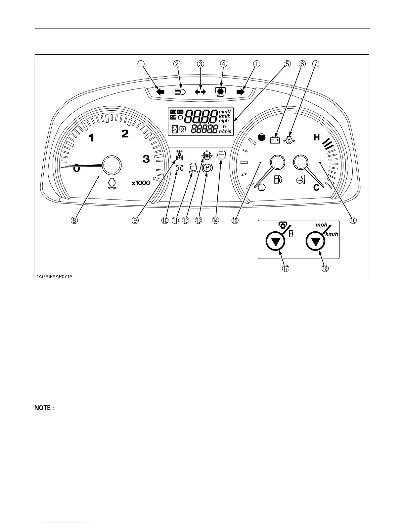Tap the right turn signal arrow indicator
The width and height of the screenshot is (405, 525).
(x=241, y=92)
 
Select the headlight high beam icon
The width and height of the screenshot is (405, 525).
(x=180, y=92)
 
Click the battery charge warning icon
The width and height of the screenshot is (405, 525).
(x=275, y=140)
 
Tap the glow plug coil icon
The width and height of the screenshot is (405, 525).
(x=180, y=168)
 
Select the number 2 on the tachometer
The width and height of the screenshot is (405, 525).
(x=125, y=134)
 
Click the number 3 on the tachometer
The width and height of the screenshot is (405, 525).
(x=146, y=159)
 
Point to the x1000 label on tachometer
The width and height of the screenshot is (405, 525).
(x=141, y=183)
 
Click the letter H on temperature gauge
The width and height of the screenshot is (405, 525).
(x=317, y=137)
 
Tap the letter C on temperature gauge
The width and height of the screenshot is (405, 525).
(x=316, y=188)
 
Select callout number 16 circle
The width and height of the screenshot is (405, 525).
(x=353, y=220)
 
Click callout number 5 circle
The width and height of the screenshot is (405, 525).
(x=287, y=64)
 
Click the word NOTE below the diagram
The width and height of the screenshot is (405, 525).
(x=42, y=408)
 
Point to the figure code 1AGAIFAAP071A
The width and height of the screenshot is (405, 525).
(x=55, y=276)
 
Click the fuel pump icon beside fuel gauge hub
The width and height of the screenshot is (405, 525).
(x=278, y=179)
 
